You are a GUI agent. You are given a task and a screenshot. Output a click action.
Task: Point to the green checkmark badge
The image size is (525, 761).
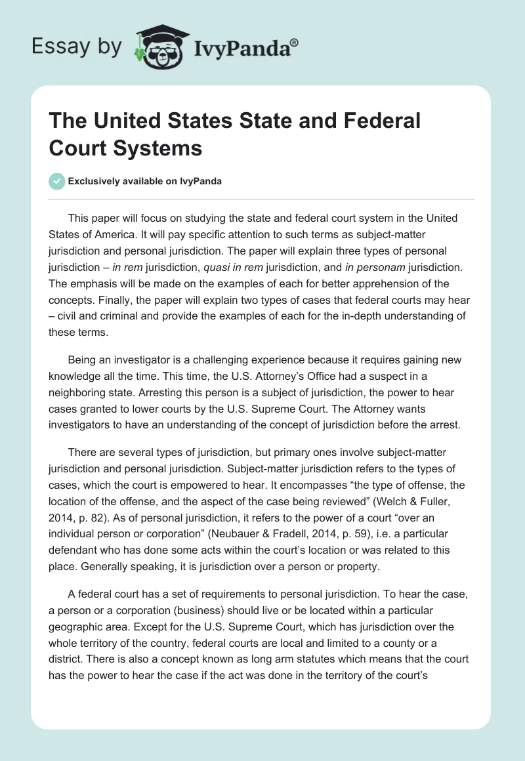pyautogui.click(x=57, y=181)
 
